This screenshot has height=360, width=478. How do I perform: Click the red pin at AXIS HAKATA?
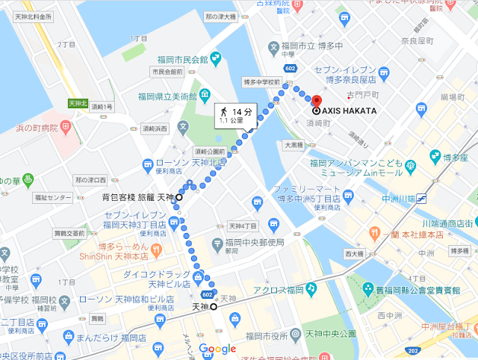coord(316,102)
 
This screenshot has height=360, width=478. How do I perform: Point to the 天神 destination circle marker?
coord(214,306)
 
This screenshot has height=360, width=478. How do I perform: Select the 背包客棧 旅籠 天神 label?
coord(137,198)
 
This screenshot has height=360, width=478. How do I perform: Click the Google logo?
coord(217,349)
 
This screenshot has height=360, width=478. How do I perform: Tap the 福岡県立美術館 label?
coord(167,96)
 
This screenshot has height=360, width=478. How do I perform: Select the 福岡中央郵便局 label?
coord(255,242)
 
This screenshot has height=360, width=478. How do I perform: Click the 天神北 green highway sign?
coord(78,103)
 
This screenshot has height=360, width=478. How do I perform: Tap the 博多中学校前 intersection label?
coord(261,82)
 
